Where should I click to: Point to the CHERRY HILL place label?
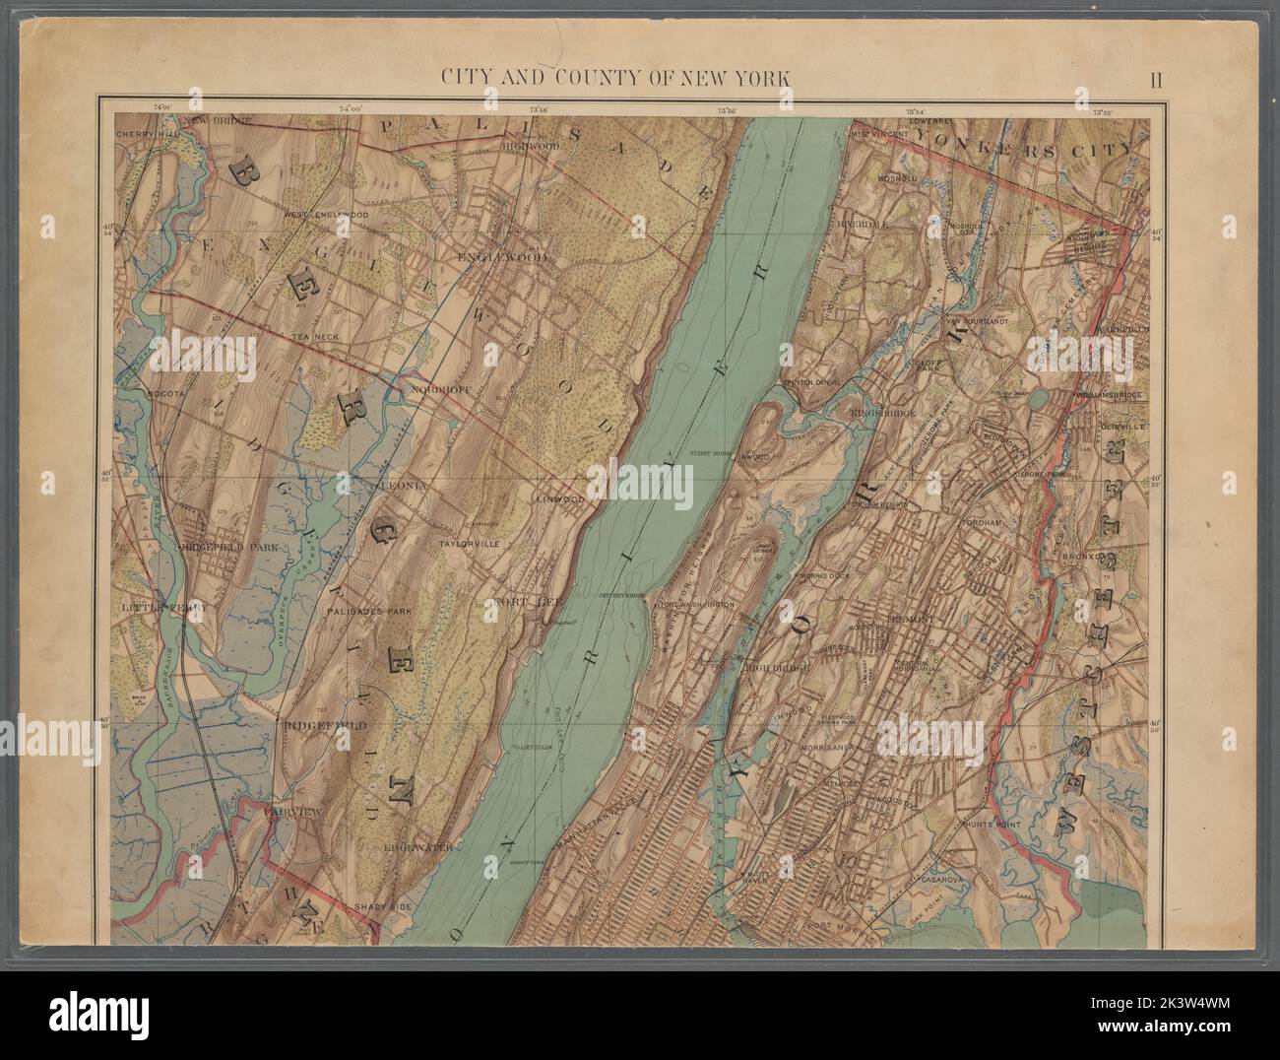(x=144, y=133)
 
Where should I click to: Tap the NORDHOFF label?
(x=439, y=388)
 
